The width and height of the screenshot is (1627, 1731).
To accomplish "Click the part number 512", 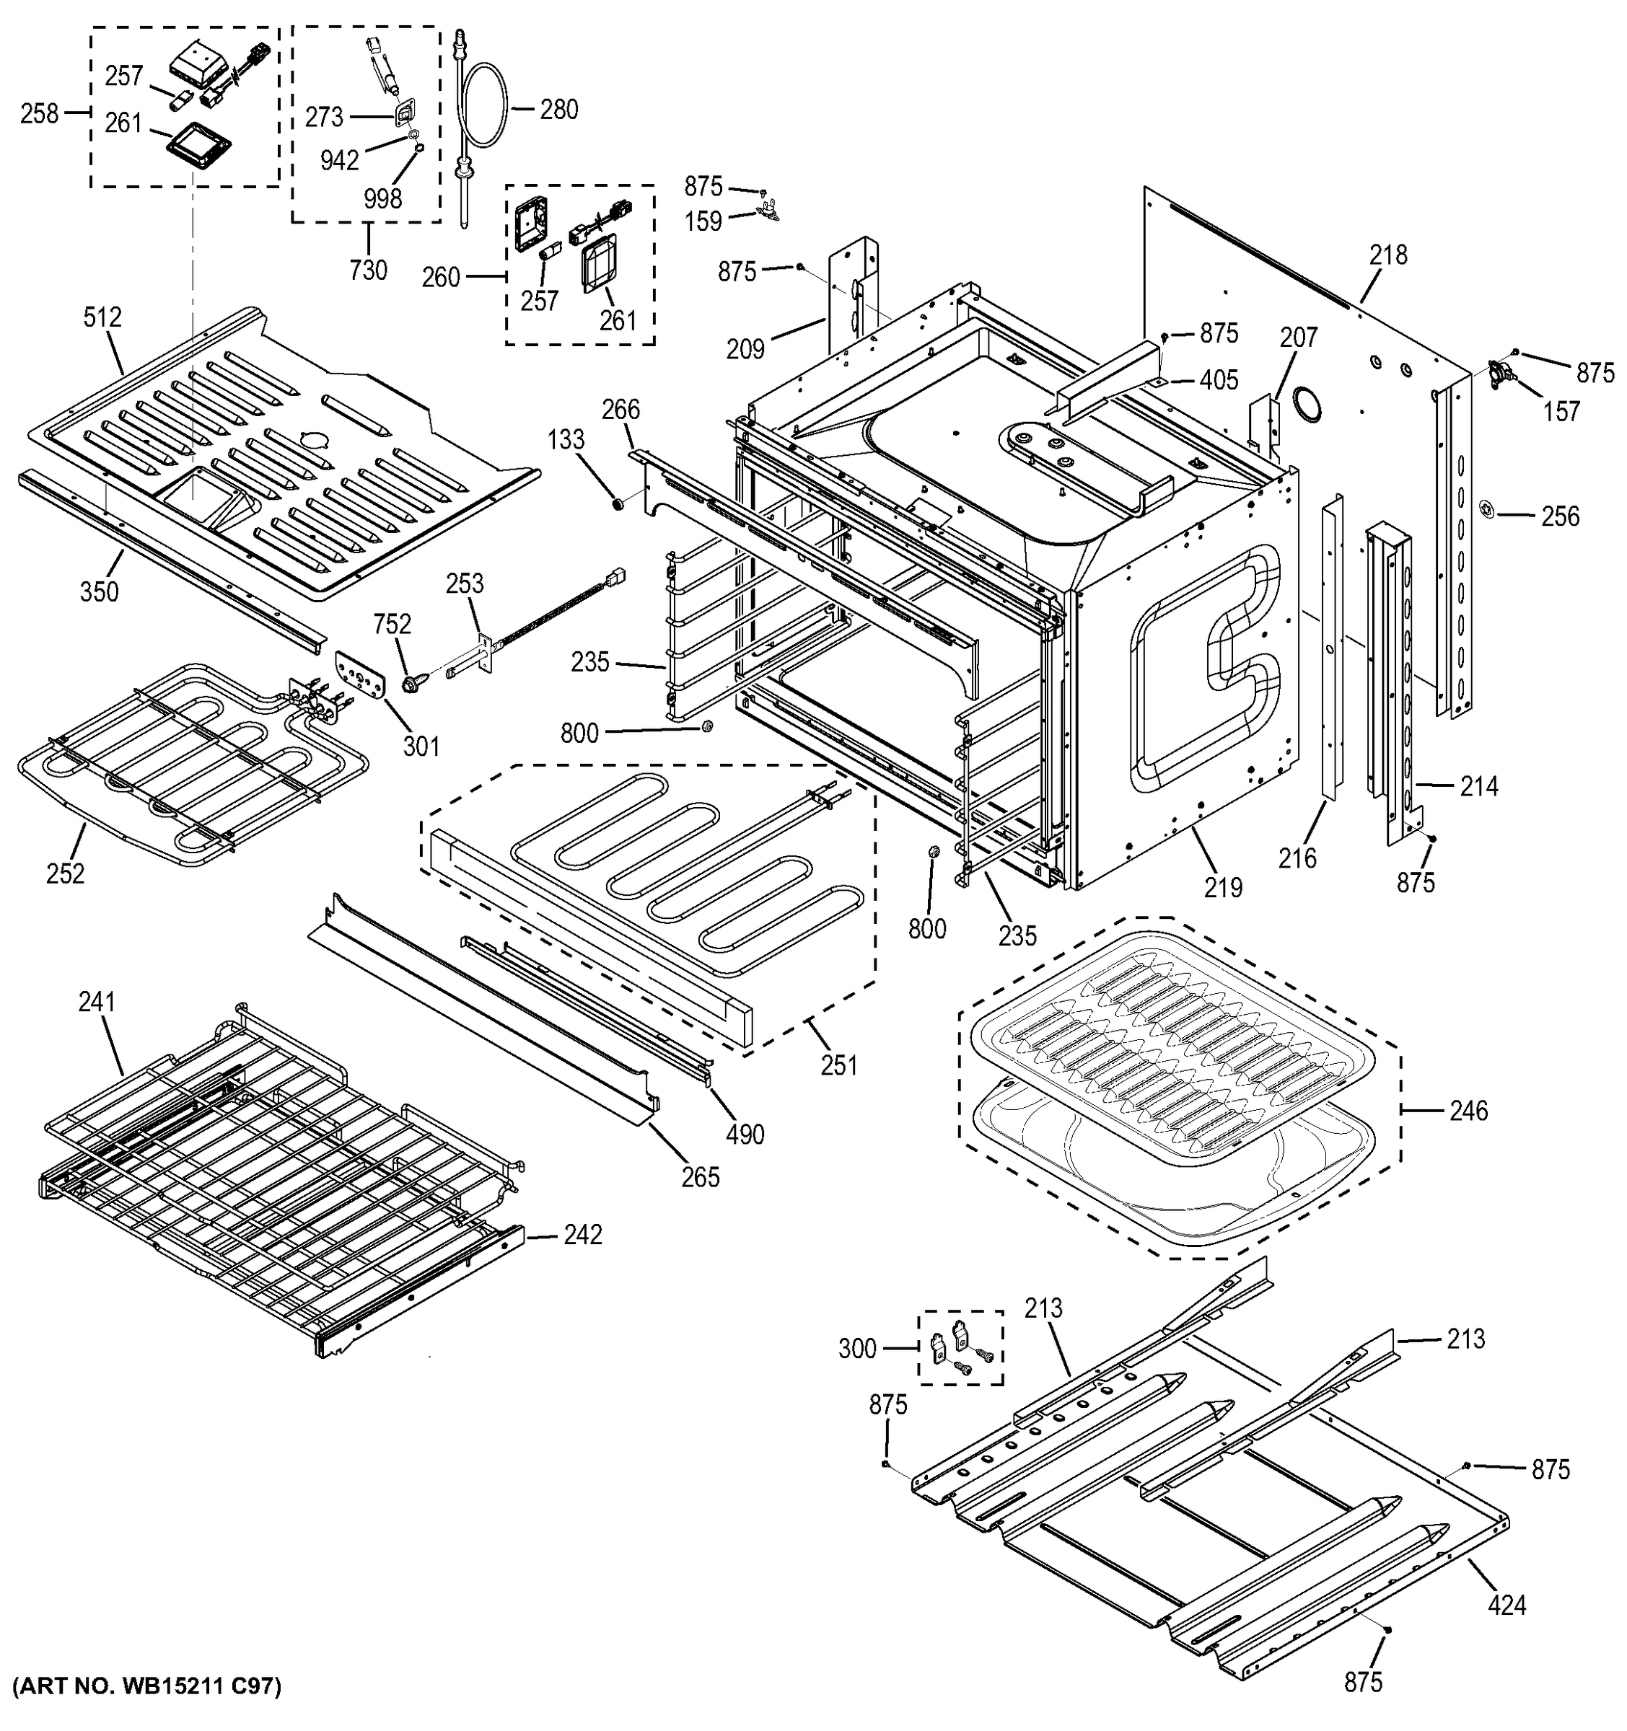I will (x=102, y=318).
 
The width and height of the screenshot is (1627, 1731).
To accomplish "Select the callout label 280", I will (x=558, y=110).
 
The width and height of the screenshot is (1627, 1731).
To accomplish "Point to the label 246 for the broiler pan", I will (x=1468, y=1110).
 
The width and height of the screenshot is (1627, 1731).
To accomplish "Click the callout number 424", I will (x=1507, y=1604).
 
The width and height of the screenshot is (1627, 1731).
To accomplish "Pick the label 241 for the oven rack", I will (x=97, y=1003).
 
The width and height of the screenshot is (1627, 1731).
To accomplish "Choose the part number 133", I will (x=566, y=440).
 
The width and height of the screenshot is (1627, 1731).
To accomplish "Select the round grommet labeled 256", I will (x=1488, y=508).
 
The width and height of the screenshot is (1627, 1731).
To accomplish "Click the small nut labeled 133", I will (x=618, y=503).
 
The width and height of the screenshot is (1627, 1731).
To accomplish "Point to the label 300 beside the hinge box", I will (x=857, y=1349).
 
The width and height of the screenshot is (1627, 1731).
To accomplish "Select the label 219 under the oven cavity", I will (x=1223, y=887).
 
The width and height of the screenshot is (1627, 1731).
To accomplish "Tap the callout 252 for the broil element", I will (x=66, y=873).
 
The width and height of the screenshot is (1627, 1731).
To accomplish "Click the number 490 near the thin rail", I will (x=745, y=1134).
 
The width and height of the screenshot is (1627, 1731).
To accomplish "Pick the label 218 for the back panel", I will (x=1387, y=255).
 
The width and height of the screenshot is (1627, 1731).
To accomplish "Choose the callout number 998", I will (x=382, y=198).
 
